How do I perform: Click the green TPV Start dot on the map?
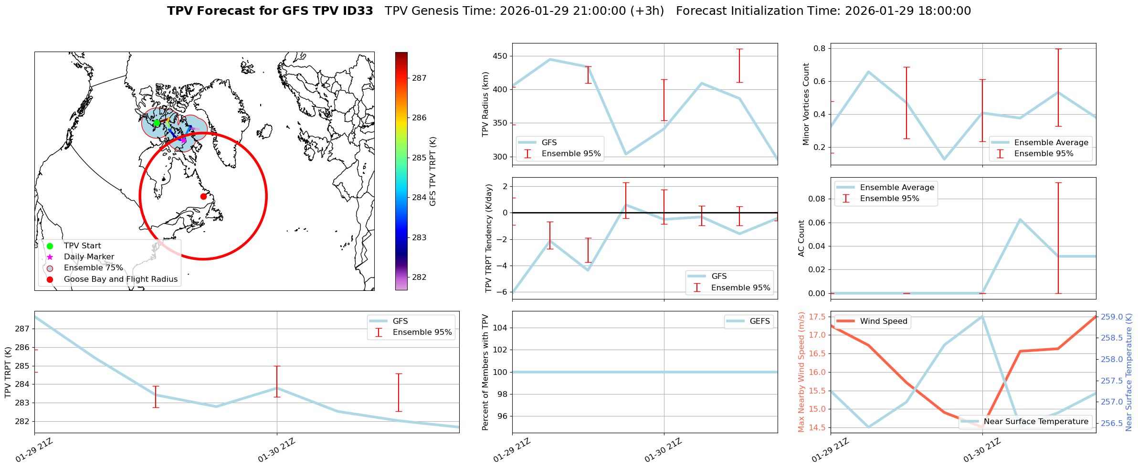tap(157, 123)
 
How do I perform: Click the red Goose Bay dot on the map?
tap(203, 196)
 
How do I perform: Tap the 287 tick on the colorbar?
tap(419, 78)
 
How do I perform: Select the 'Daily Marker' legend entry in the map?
tap(89, 257)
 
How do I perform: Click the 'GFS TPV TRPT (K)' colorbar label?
tap(433, 171)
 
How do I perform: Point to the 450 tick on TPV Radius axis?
tap(501, 56)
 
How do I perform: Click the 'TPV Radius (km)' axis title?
tap(486, 104)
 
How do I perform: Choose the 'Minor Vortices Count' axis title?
tap(806, 104)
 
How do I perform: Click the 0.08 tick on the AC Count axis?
tap(815, 199)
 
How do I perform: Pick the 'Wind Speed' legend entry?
tap(883, 321)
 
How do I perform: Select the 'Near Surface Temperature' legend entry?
tap(1036, 422)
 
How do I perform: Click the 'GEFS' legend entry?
tap(759, 321)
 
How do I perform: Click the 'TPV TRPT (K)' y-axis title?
tap(8, 372)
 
